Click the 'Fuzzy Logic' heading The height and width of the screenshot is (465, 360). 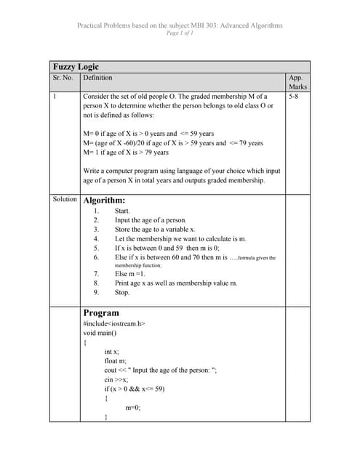pos(76,66)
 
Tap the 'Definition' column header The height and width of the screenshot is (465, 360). pos(98,77)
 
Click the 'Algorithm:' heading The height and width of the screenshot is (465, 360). pos(104,200)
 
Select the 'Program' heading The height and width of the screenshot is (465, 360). pos(101,313)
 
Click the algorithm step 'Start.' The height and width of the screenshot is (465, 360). pos(123,210)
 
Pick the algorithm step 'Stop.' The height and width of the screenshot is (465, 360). pos(122,293)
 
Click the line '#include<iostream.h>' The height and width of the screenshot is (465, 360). pos(114,323)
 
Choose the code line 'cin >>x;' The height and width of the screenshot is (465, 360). pos(117,379)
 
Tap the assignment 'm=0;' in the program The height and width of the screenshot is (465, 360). pos(133,408)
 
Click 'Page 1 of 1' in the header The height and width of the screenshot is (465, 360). pos(180,33)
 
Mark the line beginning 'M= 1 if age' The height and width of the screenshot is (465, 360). pos(126,153)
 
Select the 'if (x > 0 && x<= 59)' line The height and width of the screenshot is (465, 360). pos(135,389)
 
